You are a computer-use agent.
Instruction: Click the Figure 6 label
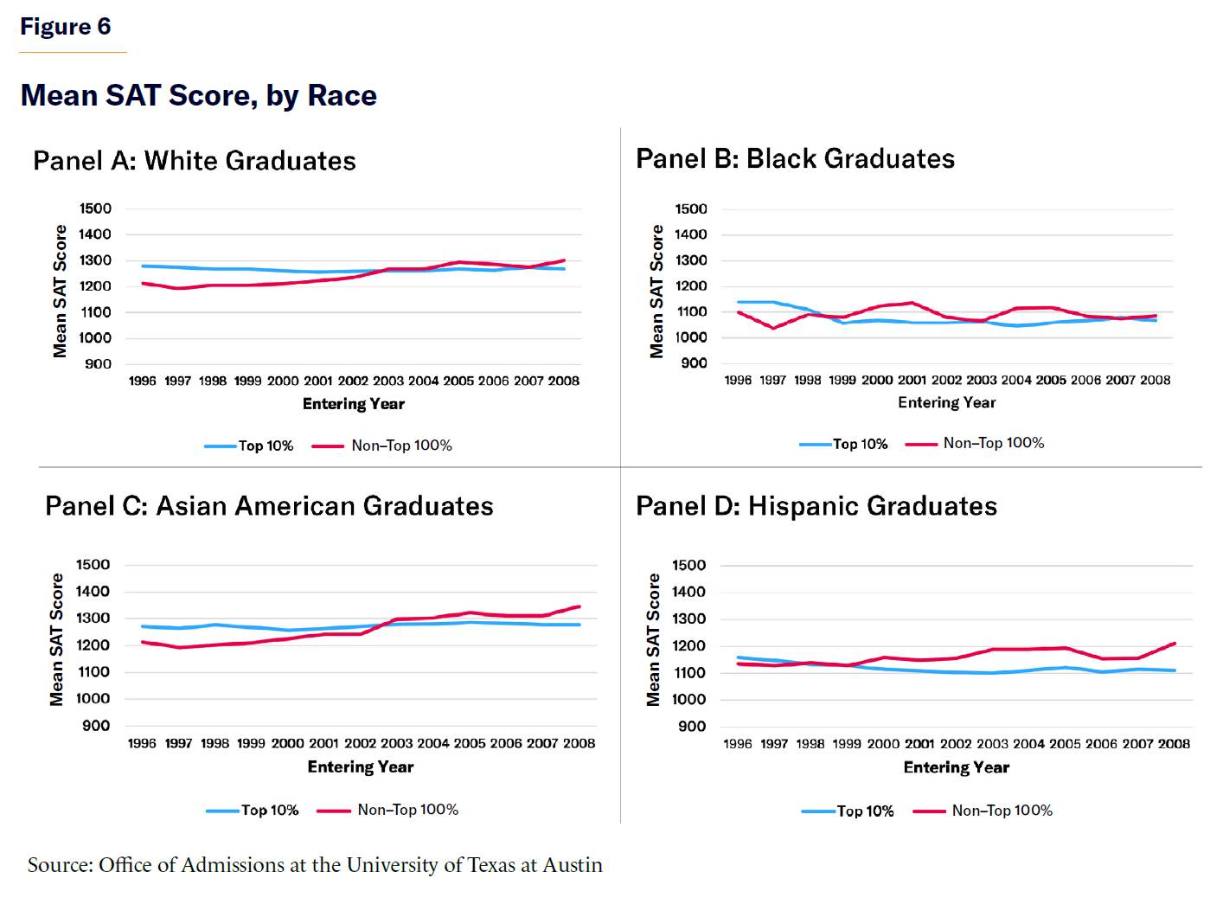click(66, 27)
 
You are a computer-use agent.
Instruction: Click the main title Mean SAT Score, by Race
click(199, 95)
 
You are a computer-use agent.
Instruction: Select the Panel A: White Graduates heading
click(195, 161)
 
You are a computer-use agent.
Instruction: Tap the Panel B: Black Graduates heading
click(795, 159)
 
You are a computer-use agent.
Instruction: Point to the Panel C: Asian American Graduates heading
click(269, 506)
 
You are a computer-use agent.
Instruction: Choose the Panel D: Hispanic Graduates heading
click(816, 506)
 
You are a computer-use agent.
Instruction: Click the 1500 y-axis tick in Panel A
click(95, 208)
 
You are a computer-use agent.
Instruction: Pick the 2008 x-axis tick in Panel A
click(563, 381)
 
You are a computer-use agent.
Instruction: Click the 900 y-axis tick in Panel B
click(694, 363)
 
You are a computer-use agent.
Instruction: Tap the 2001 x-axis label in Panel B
click(912, 380)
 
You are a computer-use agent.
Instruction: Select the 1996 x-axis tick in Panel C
click(142, 743)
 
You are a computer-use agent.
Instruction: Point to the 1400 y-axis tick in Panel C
click(93, 592)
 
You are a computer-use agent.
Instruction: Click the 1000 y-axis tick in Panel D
click(688, 700)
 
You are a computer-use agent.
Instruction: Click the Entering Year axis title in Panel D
click(956, 767)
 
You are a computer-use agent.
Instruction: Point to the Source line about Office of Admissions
click(315, 865)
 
